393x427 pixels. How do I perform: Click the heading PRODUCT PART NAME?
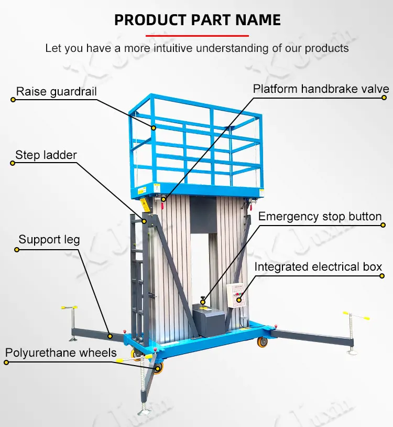[197, 20]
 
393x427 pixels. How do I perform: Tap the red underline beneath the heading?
[197, 35]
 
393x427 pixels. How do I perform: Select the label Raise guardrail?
[57, 92]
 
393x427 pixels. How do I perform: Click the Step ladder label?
[46, 155]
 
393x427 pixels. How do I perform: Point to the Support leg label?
[49, 240]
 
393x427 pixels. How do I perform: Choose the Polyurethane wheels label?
[61, 352]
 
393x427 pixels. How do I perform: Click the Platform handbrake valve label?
[321, 89]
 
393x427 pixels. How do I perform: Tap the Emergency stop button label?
[320, 216]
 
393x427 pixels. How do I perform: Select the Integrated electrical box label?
[318, 266]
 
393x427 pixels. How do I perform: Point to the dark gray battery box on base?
[209, 321]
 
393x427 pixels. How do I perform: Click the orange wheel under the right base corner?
[262, 343]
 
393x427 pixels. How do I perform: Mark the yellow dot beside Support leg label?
[16, 250]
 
